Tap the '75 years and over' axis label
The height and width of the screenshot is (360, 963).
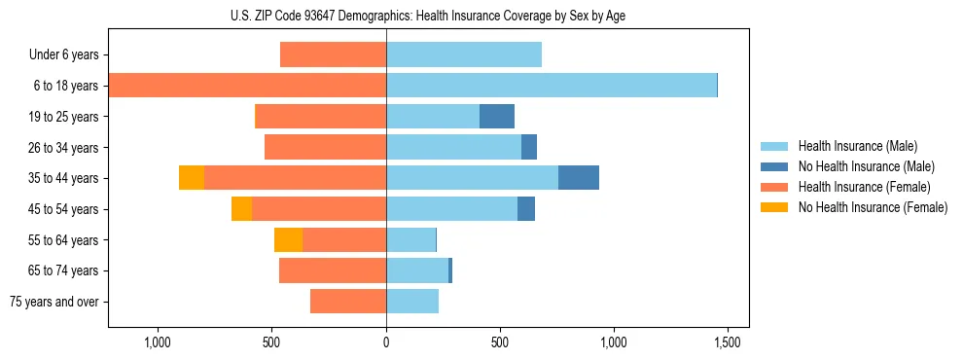click(x=54, y=302)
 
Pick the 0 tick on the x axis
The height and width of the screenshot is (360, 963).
click(x=386, y=342)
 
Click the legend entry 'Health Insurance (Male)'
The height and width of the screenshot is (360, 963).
click(x=857, y=146)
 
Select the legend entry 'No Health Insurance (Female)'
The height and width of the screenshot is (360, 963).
click(x=873, y=207)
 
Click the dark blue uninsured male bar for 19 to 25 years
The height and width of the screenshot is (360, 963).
click(x=497, y=117)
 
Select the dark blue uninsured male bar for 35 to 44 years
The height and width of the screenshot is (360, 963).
click(x=579, y=178)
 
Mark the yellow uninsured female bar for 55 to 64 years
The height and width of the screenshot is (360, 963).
click(x=288, y=240)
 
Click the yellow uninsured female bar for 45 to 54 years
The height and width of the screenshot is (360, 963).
click(x=241, y=209)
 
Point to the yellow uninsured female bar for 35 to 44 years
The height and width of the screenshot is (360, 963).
click(x=192, y=178)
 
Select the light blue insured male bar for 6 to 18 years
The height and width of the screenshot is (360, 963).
click(x=552, y=86)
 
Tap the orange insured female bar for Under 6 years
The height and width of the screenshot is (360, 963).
click(x=333, y=55)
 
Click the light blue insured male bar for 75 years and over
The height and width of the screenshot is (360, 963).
click(x=412, y=302)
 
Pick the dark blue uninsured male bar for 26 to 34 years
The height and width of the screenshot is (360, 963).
click(x=529, y=148)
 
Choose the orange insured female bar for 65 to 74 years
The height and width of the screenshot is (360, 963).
click(x=333, y=270)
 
